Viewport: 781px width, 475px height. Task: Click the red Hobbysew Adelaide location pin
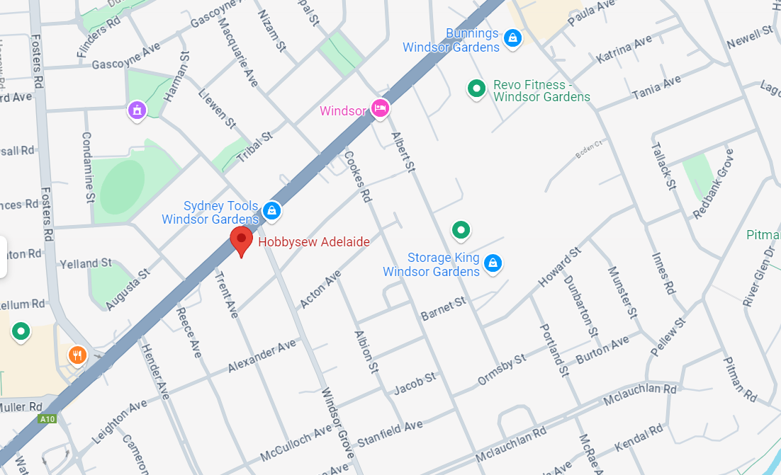coord(241,239)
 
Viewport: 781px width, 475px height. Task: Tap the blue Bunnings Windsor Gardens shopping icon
coord(512,37)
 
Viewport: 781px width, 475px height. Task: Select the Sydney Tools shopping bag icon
coord(271,210)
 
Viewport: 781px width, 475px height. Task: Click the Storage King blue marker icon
coord(493,264)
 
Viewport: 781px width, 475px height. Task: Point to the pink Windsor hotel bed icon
coord(380,108)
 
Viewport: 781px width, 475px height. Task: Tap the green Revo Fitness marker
coord(476,88)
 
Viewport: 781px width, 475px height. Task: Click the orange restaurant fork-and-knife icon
coord(77,354)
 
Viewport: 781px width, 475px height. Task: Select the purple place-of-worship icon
coord(136,110)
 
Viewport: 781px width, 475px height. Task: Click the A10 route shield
coord(47,419)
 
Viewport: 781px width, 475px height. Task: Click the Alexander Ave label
coord(262,356)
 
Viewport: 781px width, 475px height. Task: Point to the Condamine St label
coord(89,166)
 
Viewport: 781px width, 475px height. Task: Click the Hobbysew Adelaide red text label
coord(314,242)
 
